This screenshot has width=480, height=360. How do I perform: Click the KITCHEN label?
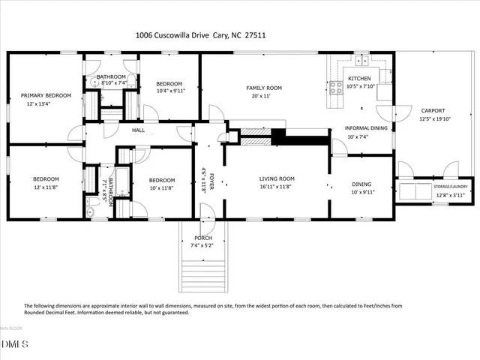358,79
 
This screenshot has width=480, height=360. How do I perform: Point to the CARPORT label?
433,109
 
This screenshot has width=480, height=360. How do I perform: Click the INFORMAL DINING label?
366,127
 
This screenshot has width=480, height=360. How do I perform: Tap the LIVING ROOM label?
277,178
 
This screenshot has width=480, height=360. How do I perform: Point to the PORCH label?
203,238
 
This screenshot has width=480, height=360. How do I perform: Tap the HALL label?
139,130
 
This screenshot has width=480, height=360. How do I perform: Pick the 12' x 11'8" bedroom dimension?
45,187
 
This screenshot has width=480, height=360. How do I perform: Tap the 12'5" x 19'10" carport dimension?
433,118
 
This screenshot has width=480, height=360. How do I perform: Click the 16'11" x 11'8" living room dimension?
277,187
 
